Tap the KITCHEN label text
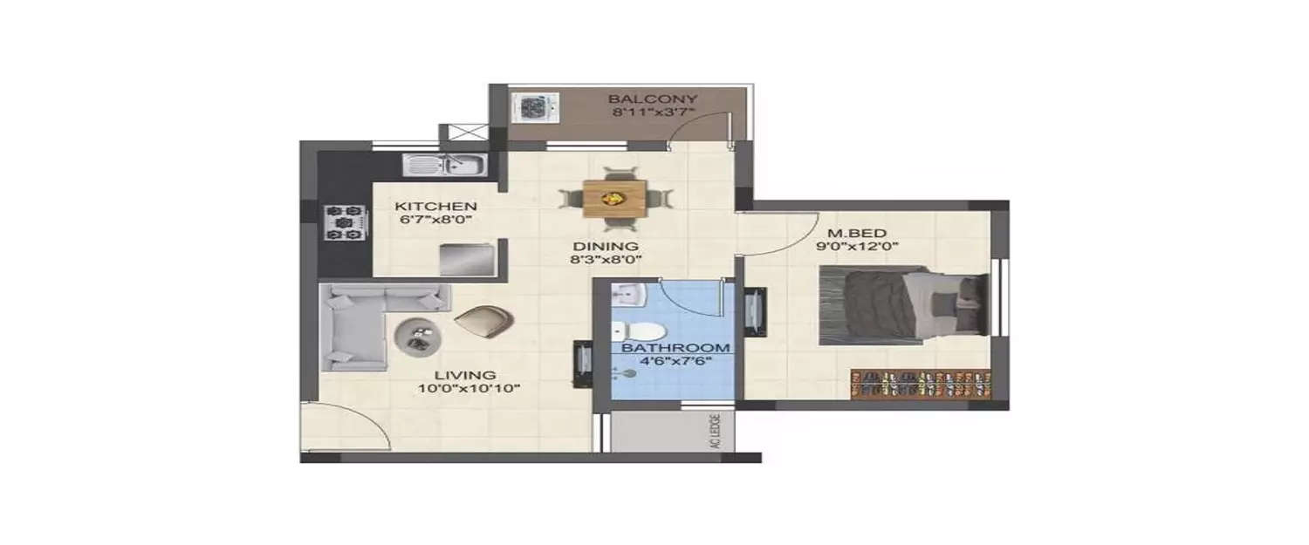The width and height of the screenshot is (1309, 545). coord(424,206)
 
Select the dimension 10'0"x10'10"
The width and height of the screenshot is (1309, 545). coord(469,389)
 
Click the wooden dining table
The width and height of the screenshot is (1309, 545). coord(618,197)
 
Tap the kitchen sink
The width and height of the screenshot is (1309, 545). coord(443,164)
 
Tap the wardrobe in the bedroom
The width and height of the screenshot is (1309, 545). coord(922,385)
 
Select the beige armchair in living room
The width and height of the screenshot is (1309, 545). coord(483,322)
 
